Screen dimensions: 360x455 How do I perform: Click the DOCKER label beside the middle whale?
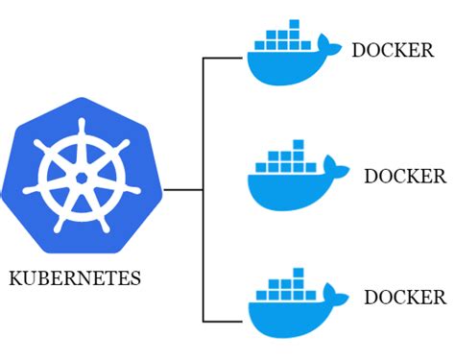(405, 176)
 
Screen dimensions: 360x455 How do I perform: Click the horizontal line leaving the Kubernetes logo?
(183, 189)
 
